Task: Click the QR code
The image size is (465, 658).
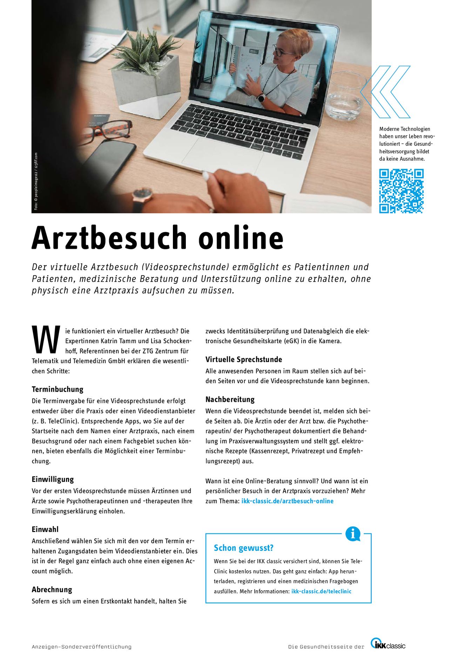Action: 401,191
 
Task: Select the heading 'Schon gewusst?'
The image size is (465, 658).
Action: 243,548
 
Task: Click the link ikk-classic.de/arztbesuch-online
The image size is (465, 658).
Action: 287,501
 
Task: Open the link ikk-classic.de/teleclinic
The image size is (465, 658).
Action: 321,591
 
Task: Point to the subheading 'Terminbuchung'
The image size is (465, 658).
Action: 58,389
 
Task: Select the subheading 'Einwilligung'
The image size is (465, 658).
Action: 53,479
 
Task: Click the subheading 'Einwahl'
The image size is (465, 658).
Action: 45,529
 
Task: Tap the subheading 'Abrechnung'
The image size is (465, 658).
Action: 52,590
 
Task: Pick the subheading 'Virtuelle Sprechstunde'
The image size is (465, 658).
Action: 244,359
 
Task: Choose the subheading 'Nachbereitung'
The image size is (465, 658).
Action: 230,399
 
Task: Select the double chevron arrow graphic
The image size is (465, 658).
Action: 386,92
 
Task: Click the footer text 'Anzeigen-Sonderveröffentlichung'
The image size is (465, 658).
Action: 82,647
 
